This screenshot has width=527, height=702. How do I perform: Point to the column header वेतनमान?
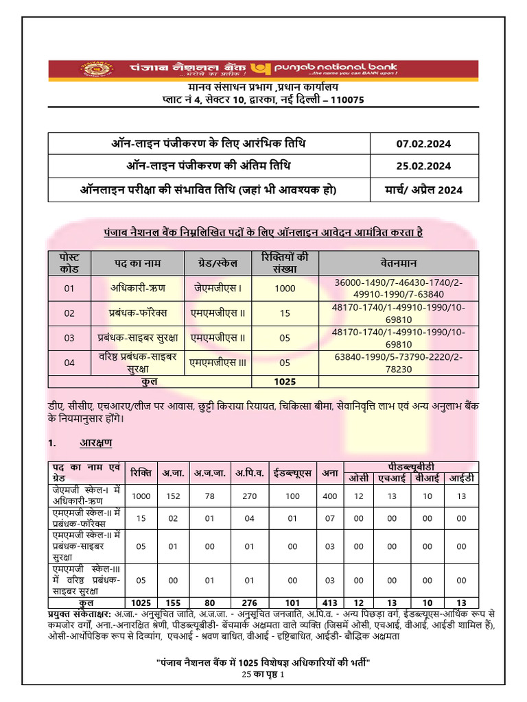[x=399, y=263]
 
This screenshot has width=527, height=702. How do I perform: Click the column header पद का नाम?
[x=138, y=263]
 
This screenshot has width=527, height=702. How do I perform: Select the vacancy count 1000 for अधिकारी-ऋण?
[x=285, y=289]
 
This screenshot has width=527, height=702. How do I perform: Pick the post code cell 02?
[x=69, y=313]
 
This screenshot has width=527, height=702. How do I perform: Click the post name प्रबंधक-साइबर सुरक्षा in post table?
[x=138, y=337]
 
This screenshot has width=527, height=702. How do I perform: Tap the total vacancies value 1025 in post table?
[x=285, y=380]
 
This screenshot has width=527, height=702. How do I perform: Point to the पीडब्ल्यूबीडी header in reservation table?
[x=418, y=466]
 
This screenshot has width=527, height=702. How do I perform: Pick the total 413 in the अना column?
[x=329, y=604]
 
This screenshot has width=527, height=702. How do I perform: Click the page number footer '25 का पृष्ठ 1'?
[x=263, y=675]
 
